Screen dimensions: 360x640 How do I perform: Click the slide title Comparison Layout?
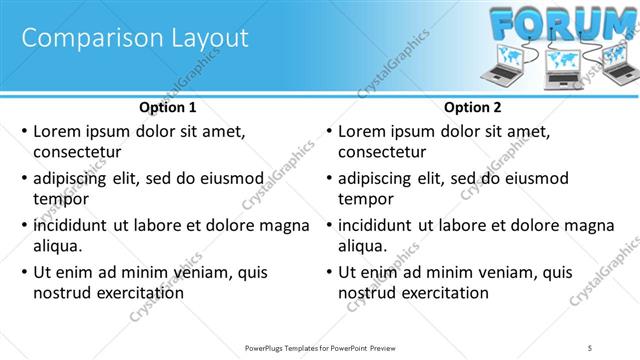134,39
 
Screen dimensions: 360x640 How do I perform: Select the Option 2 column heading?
473,107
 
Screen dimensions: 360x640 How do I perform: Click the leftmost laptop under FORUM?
503,66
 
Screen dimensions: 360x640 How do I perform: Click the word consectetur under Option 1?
77,152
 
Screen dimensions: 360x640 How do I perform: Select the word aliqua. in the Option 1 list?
57,246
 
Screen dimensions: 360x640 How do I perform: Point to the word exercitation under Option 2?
443,293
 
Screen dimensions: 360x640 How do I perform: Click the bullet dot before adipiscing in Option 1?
24,178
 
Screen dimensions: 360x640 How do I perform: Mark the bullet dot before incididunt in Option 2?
329,225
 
